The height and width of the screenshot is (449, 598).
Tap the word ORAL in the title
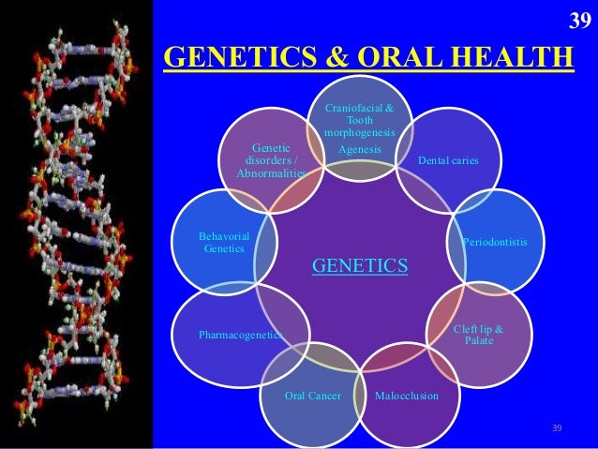click(375, 57)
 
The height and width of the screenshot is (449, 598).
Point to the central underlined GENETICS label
click(360, 266)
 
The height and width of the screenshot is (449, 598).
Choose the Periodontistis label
click(495, 243)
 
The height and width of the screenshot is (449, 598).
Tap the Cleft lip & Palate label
click(478, 335)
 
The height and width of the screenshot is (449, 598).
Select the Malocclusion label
click(406, 397)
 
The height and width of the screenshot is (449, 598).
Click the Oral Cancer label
click(312, 397)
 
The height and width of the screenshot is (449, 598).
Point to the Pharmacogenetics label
click(240, 334)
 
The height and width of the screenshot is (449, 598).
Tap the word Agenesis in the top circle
click(359, 149)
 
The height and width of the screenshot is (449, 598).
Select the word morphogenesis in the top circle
click(359, 133)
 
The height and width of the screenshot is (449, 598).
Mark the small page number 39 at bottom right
click(557, 428)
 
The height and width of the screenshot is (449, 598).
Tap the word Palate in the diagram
click(478, 340)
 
